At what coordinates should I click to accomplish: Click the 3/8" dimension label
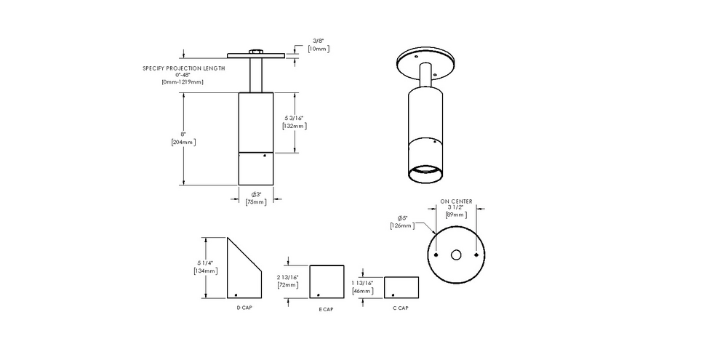click(x=317, y=41)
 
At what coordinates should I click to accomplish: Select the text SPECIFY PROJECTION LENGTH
click(x=184, y=68)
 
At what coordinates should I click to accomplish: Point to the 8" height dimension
click(x=183, y=135)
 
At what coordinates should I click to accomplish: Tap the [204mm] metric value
click(x=183, y=142)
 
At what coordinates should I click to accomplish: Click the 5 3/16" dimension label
click(x=293, y=118)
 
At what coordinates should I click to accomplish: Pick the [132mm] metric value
click(x=293, y=126)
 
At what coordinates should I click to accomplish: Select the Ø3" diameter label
click(x=256, y=194)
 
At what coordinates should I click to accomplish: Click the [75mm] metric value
click(x=256, y=201)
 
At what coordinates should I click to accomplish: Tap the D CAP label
click(x=244, y=308)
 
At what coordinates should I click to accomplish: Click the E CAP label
click(x=326, y=309)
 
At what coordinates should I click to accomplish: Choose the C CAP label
click(x=400, y=308)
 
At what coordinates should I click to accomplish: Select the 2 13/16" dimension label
click(x=289, y=277)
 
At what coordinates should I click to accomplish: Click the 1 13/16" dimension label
click(x=362, y=282)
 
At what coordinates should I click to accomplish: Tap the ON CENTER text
click(x=456, y=201)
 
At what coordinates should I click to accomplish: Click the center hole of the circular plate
click(x=456, y=255)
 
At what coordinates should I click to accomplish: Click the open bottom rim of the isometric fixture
click(x=425, y=175)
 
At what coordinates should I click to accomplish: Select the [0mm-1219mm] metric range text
click(x=183, y=81)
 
